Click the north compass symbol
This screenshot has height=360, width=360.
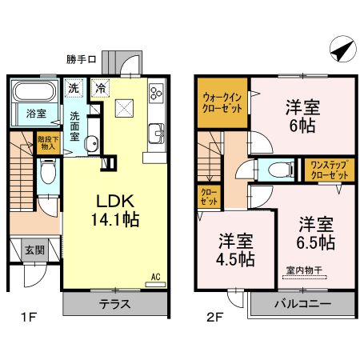coord(342,49)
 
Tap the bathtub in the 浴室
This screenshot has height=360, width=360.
coord(34,91)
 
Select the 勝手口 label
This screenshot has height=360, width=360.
coord(82,59)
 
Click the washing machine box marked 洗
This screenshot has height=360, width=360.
coord(74,88)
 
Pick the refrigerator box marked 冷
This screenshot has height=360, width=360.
coord(100,88)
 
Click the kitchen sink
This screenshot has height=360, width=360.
coord(156,134)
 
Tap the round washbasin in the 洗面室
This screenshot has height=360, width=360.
coord(92,144)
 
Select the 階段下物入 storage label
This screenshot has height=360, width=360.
coord(48,142)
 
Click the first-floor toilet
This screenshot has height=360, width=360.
coord(48,171)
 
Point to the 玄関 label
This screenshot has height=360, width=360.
coord(35,250)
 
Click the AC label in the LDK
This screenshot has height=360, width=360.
coord(156,277)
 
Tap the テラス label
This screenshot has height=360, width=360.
coord(115,304)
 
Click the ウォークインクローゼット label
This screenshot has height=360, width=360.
coord(222,103)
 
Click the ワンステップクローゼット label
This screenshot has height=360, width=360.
coord(330,170)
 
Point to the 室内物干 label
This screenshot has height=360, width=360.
coord(304,270)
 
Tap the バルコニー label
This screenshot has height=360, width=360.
coord(303,304)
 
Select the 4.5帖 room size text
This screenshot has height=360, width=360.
coord(235,259)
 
